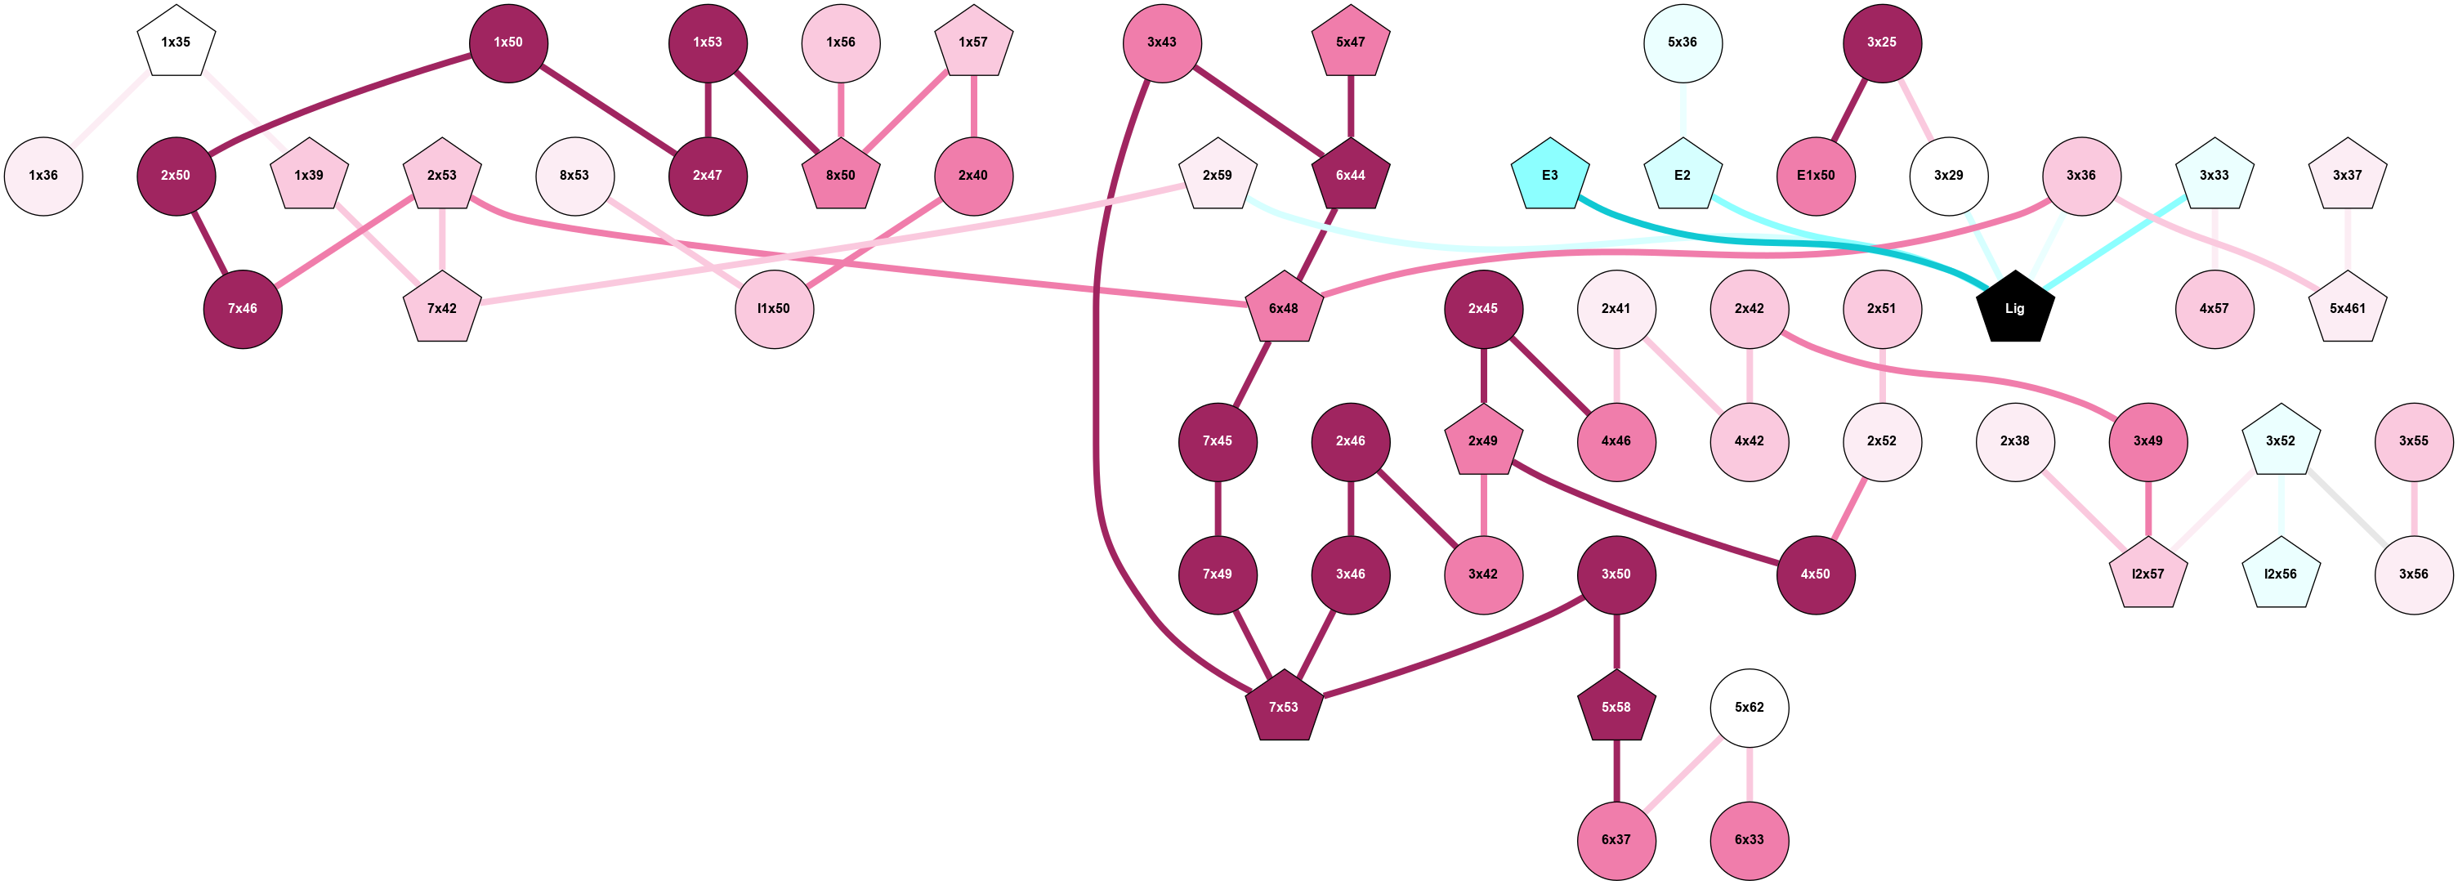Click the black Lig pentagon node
click(2014, 308)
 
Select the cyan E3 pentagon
click(1549, 176)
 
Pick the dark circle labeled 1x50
click(507, 43)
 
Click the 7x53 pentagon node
click(1284, 708)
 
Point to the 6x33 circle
click(1748, 840)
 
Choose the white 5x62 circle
click(1748, 708)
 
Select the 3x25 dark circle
click(1881, 43)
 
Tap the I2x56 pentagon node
click(2280, 574)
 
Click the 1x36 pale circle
click(43, 176)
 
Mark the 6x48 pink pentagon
click(1284, 308)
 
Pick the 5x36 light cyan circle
click(1683, 43)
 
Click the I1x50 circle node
click(774, 308)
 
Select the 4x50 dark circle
click(1815, 574)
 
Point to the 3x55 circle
click(2413, 441)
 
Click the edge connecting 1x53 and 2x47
click(707, 110)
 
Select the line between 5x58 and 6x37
click(1616, 773)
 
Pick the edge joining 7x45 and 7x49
click(1218, 508)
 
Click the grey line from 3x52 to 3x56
click(2348, 508)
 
